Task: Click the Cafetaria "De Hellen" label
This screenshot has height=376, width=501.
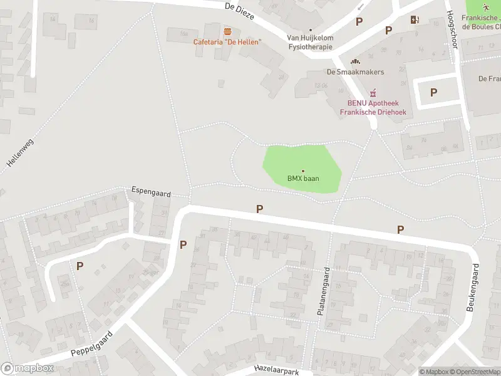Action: [x=227, y=42]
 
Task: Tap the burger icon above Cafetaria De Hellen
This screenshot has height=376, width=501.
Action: [x=227, y=31]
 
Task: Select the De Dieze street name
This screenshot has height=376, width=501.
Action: [x=239, y=10]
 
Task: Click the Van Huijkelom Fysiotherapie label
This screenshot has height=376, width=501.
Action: [x=311, y=42]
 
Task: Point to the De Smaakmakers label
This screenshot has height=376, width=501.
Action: [x=355, y=72]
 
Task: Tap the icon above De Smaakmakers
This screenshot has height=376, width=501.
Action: [x=356, y=61]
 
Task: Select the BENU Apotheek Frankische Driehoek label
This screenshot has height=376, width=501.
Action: [x=373, y=108]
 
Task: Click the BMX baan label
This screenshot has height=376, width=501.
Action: [x=303, y=179]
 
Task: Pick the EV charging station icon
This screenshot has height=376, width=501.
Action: [x=414, y=19]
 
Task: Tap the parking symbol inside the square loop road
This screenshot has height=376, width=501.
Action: [x=433, y=92]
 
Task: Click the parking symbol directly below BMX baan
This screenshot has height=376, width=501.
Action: [x=259, y=209]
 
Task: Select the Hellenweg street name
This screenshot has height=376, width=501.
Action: [x=18, y=152]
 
